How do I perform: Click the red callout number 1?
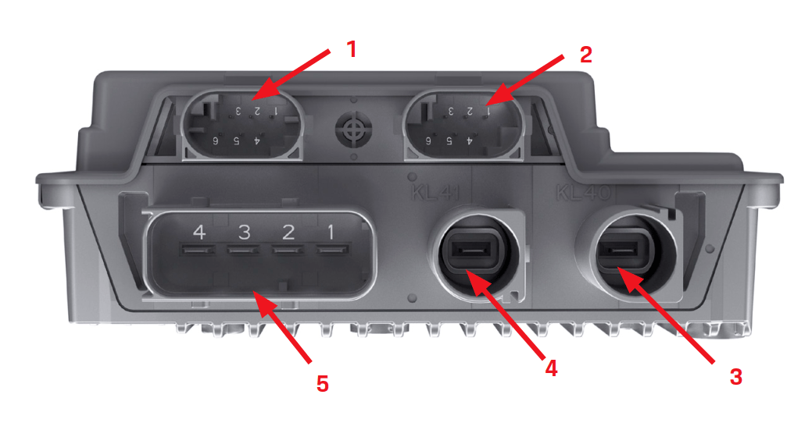(351, 49)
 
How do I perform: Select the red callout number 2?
(585, 54)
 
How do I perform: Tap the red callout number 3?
(735, 376)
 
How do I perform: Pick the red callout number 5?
(323, 383)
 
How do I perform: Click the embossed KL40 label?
(582, 192)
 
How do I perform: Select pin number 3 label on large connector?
(244, 232)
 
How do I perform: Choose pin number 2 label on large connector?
(288, 232)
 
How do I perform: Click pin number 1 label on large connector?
(331, 232)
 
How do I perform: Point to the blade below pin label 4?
(197, 251)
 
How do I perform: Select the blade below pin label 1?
(331, 251)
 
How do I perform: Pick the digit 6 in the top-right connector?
(428, 140)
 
